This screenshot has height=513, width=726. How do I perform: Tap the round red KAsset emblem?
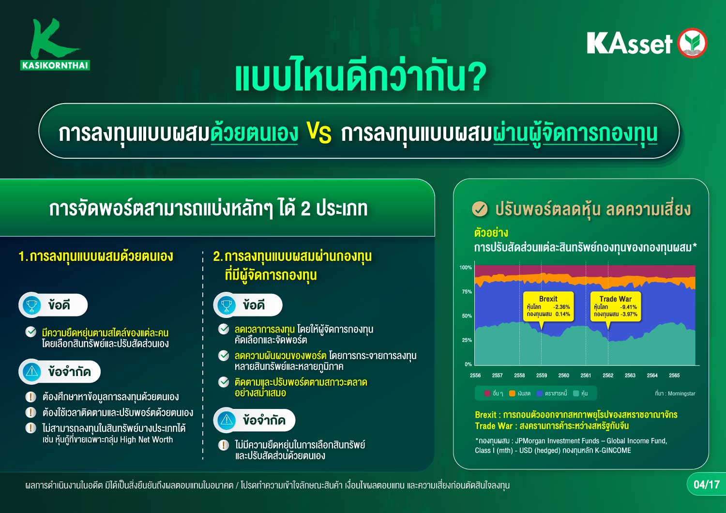pyautogui.click(x=692, y=43)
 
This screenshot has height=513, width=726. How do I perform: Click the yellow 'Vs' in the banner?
pyautogui.click(x=319, y=133)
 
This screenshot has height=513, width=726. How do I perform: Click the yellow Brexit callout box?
pyautogui.click(x=548, y=306)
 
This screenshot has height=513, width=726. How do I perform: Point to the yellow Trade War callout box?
pyautogui.click(x=616, y=306)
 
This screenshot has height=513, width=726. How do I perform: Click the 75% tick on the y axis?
pyautogui.click(x=467, y=292)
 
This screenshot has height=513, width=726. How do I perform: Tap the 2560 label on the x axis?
pyautogui.click(x=564, y=375)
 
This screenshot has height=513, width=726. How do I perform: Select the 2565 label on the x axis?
pyautogui.click(x=674, y=375)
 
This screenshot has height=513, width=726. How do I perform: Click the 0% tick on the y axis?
pyautogui.click(x=468, y=364)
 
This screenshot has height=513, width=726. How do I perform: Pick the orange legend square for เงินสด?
pyautogui.click(x=512, y=393)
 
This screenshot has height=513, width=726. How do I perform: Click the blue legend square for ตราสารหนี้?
pyautogui.click(x=539, y=393)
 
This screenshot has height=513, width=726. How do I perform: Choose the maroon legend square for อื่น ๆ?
pyautogui.click(x=487, y=393)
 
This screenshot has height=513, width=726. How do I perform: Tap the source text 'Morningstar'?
pyautogui.click(x=681, y=394)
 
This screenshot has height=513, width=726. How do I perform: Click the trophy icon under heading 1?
pyautogui.click(x=31, y=305)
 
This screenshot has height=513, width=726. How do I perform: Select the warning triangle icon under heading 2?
pyautogui.click(x=226, y=420)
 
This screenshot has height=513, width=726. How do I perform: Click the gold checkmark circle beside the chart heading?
pyautogui.click(x=480, y=209)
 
